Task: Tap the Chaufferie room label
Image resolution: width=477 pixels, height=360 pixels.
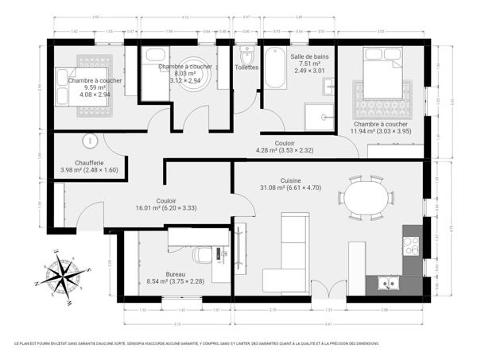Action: coord(89,165)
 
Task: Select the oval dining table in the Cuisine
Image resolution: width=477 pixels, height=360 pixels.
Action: coord(366,198)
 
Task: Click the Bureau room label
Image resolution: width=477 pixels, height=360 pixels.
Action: coord(176,277)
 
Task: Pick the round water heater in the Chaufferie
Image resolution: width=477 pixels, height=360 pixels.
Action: coord(90,142)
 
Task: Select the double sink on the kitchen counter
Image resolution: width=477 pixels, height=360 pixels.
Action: coord(387,281)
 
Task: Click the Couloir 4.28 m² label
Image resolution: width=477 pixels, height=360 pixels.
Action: coord(285,146)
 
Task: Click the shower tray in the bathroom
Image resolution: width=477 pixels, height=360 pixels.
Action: coord(321,115)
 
